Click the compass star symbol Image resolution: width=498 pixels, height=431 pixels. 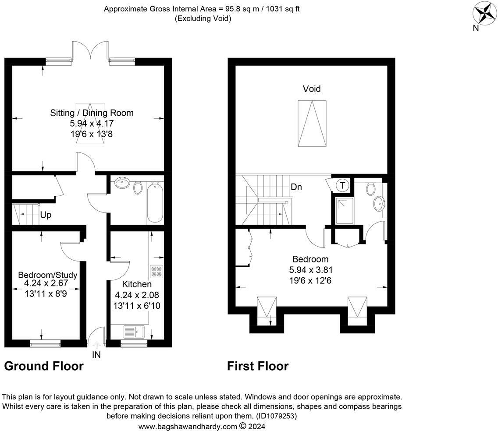click(485, 13)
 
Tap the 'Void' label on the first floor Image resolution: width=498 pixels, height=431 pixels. click(312, 89)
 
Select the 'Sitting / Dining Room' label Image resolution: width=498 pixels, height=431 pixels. click(92, 113)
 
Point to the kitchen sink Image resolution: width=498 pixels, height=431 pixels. click(134, 332)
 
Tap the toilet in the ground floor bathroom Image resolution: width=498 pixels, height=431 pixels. click(138, 187)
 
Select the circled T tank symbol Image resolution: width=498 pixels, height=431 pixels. click(342, 185)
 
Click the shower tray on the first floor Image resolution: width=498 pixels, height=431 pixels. click(345, 211)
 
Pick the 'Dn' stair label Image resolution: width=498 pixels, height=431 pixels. click(296, 187)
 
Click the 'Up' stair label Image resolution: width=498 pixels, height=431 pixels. click(46, 215)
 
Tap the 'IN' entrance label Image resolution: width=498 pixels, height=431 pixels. click(96, 355)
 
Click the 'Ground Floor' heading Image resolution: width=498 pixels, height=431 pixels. click(44, 366)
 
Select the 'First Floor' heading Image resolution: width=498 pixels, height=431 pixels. click(258, 366)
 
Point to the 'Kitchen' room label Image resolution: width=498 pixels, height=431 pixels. click(137, 284)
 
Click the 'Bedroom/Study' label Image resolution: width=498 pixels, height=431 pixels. click(48, 275)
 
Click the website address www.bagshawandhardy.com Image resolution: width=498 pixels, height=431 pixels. click(188, 426)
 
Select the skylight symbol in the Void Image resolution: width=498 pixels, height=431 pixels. click(312, 123)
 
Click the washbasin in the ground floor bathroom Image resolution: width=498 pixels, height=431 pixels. click(121, 183)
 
